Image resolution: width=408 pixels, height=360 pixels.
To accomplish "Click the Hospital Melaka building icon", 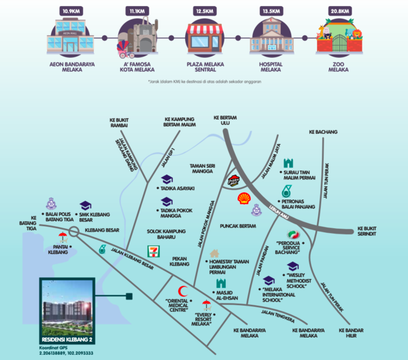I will (x=271, y=38).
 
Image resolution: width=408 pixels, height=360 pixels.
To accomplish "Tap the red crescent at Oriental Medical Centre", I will (x=182, y=289).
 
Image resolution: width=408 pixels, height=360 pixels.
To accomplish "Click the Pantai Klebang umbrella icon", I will (x=63, y=237).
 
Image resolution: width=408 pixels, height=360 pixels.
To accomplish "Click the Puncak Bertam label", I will (x=239, y=226).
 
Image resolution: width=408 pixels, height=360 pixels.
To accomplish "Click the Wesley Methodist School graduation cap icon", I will (x=293, y=266).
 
